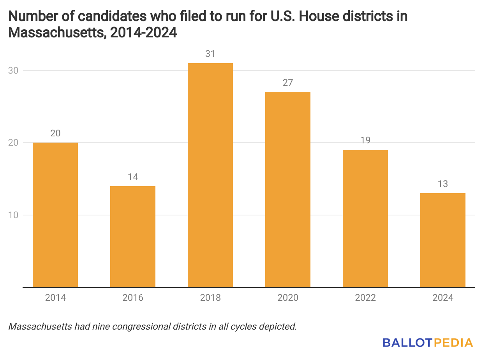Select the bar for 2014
tap(55, 215)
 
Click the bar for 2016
tap(133, 236)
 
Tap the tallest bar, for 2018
tap(210, 175)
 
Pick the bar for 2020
tap(288, 189)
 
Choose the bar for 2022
tap(365, 219)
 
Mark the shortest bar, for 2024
tap(443, 240)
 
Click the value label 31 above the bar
tap(210, 54)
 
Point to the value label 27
tap(288, 83)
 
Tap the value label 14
tap(133, 177)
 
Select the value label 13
tap(443, 184)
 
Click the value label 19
tap(365, 140)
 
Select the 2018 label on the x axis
tap(210, 298)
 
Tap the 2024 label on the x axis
tap(443, 298)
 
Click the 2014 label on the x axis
tap(55, 298)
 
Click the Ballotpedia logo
tap(428, 343)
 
